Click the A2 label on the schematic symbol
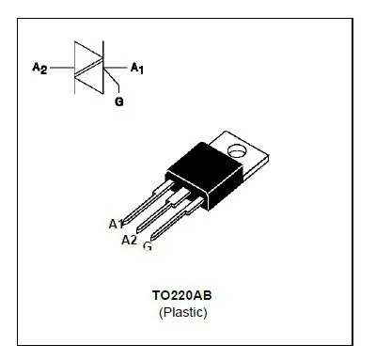pyautogui.click(x=39, y=67)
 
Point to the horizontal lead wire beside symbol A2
pyautogui.click(x=62, y=68)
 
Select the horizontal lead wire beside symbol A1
pyautogui.click(x=117, y=68)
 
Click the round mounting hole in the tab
pyautogui.click(x=236, y=149)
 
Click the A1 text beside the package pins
pyautogui.click(x=117, y=224)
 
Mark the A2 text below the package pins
pyautogui.click(x=129, y=239)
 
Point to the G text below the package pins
pyautogui.click(x=148, y=246)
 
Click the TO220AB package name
pyautogui.click(x=183, y=294)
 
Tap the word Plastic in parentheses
pyautogui.click(x=183, y=311)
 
